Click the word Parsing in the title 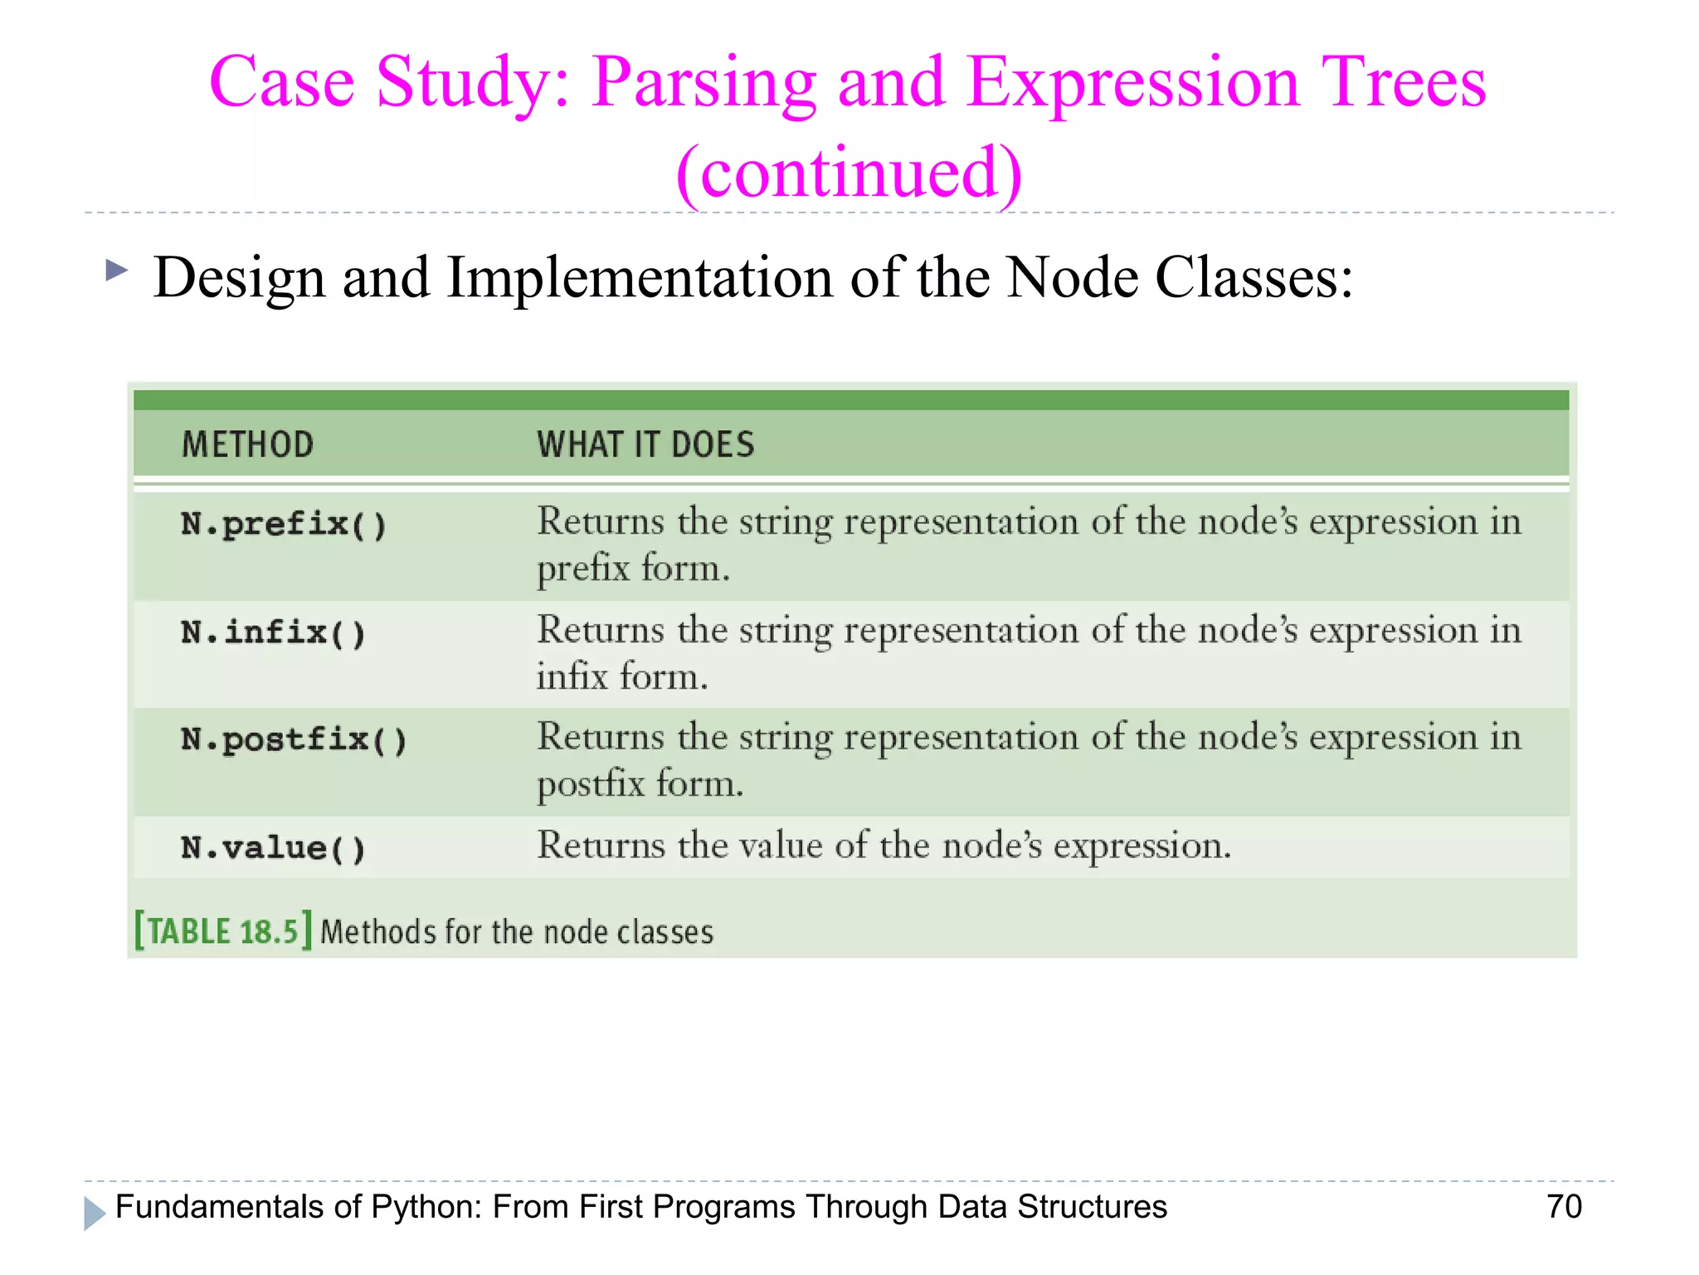pos(703,83)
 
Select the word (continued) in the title pos(849,173)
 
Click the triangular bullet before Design pos(116,270)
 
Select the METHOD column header pos(247,444)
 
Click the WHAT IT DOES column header pos(645,444)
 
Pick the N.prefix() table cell pos(284,525)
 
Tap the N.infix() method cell pos(273,633)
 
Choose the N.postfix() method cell pos(294,740)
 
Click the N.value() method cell pos(273,848)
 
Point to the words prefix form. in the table pos(633,569)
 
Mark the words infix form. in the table pos(622,677)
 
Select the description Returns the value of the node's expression pos(884,846)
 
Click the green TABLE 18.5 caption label pos(222,931)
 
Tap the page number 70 pos(1564,1207)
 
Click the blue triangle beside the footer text pos(94,1213)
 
